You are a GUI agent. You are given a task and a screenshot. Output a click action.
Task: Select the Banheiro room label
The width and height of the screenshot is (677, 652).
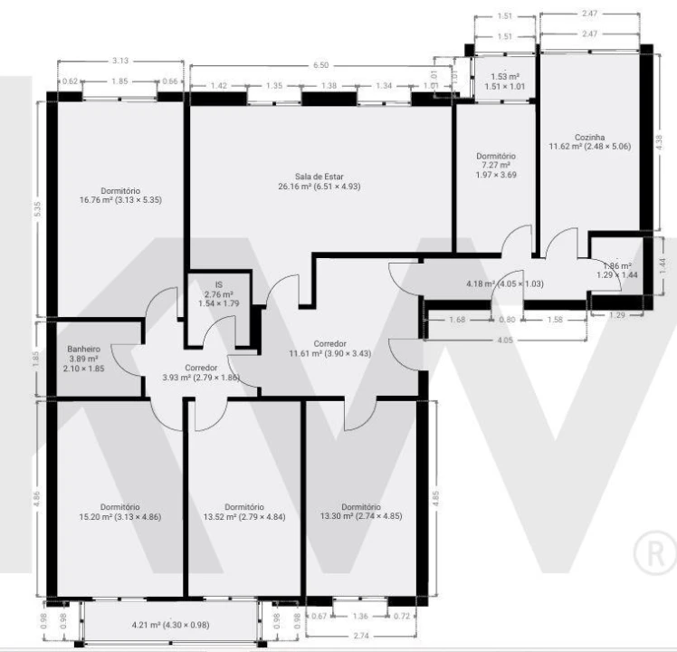pos(83,348)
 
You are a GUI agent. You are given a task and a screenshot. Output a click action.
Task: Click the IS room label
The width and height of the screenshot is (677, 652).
pos(218,284)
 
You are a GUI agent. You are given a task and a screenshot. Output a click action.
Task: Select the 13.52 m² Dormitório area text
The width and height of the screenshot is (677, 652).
pos(243,517)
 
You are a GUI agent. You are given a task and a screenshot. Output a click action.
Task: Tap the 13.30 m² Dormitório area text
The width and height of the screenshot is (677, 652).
pos(361,517)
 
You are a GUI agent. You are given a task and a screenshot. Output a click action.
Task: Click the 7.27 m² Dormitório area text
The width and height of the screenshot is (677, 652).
pos(495,166)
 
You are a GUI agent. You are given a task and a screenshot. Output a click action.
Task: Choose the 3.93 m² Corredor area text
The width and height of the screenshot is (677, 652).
pos(200,378)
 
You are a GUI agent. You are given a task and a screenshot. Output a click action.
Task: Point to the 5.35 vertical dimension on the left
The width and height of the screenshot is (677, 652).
pos(37,208)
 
